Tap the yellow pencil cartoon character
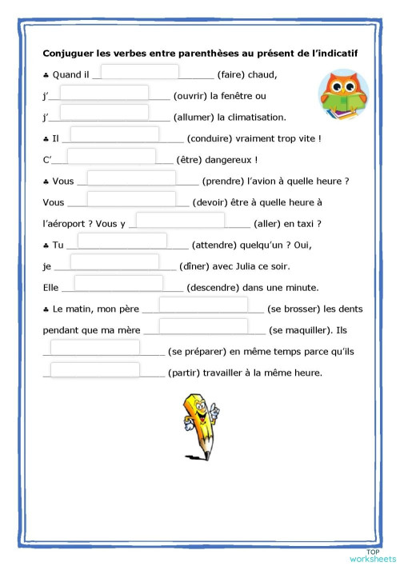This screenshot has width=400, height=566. (200, 424)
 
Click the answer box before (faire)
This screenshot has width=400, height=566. (139, 73)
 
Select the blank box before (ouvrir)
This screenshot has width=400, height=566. (104, 94)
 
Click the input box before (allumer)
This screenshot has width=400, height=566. (104, 112)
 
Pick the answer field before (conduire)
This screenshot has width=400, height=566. (114, 135)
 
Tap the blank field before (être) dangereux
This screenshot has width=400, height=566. (111, 157)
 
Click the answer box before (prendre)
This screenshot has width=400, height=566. (130, 178)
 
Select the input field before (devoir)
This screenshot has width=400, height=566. (130, 199)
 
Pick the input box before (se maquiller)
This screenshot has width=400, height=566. (202, 326)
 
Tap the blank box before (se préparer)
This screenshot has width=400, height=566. (95, 348)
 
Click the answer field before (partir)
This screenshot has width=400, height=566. (95, 369)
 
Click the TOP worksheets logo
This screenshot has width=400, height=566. (373, 555)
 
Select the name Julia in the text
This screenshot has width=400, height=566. (238, 267)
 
